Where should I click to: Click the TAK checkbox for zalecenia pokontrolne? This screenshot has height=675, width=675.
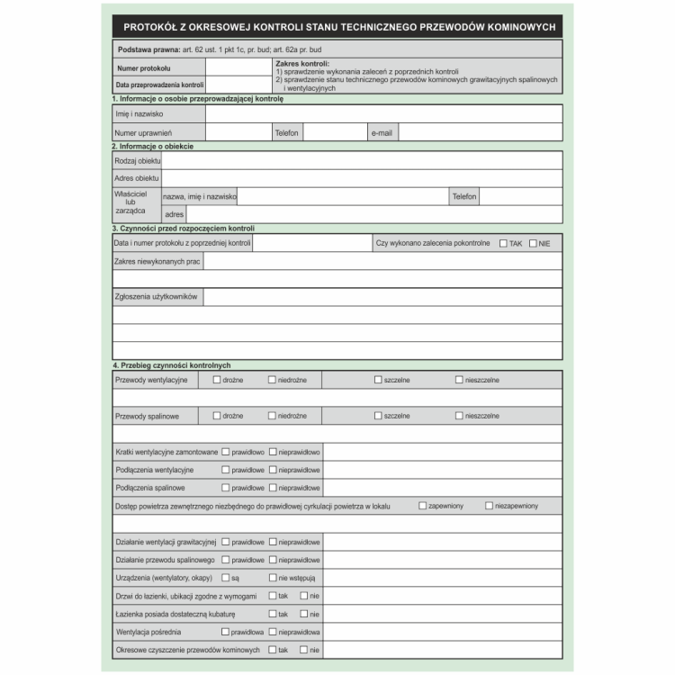503,244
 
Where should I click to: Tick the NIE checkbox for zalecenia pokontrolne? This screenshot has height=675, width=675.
533,244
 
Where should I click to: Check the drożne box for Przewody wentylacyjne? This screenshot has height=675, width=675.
217,380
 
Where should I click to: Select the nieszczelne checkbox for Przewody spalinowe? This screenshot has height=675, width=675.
459,416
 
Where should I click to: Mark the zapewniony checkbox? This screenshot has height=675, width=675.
423,507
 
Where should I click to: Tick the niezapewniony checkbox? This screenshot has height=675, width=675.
490,507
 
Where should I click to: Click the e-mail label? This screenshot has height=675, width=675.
382,133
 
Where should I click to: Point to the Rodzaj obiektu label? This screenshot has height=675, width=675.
137,160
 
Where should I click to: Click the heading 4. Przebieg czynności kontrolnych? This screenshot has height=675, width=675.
172,365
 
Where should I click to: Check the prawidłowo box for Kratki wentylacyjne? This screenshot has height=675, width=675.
226,452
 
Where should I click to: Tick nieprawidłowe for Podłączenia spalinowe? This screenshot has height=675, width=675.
273,488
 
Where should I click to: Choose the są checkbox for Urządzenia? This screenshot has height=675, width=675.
226,578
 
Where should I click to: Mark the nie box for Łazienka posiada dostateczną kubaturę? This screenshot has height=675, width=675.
303,614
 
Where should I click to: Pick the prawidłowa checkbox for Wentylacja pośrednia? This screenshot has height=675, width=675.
226,632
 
